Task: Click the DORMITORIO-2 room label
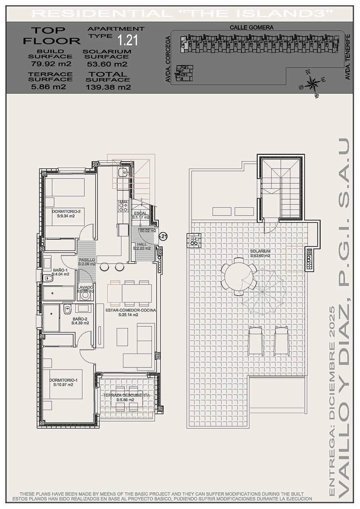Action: tap(66, 212)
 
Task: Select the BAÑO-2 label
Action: tap(80, 319)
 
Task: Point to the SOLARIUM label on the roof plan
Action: tap(261, 251)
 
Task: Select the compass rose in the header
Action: tap(312, 84)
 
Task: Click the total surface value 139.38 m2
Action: tap(108, 87)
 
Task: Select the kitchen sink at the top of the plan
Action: tap(124, 172)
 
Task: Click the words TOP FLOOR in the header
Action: tap(51, 35)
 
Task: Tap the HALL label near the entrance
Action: tap(141, 244)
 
